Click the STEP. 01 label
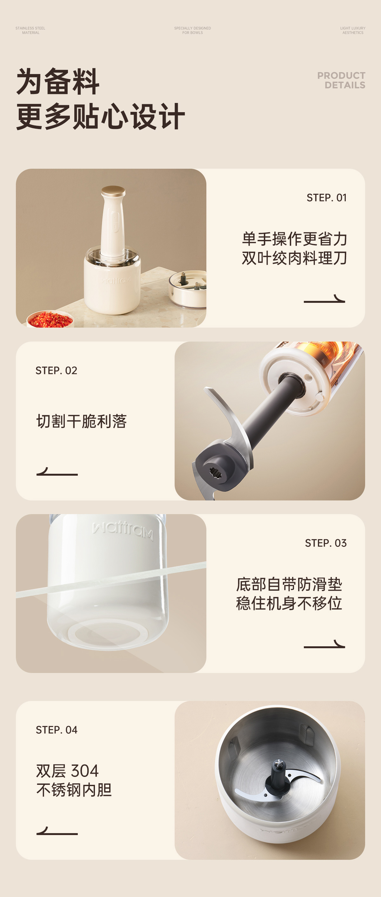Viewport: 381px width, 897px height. coord(326,198)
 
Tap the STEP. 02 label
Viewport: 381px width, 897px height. coord(57,370)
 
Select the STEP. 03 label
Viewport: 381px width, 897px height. coord(326,543)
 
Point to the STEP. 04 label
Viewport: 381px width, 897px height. coord(57,730)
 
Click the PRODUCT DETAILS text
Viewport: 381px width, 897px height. coord(341,80)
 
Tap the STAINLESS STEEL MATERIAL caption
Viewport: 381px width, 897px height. coord(30,30)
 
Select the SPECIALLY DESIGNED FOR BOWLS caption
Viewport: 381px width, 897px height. coord(192,30)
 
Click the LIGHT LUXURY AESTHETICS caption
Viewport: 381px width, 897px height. coord(353,30)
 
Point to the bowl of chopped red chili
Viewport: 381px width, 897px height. coord(50,319)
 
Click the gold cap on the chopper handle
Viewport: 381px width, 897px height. coord(113,191)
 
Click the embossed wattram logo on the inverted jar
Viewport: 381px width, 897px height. coord(123,530)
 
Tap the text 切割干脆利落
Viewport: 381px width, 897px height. coord(81,421)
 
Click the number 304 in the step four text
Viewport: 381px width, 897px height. coord(84,771)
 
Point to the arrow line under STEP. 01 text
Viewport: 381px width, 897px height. coord(324,299)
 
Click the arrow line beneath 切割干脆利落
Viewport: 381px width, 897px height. coord(57,472)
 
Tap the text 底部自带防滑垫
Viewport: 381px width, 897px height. coord(289,584)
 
